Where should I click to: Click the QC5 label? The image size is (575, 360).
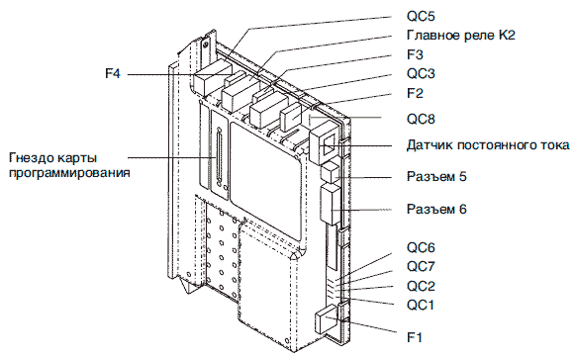pyautogui.click(x=421, y=17)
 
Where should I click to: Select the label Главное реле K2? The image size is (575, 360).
pyautogui.click(x=461, y=36)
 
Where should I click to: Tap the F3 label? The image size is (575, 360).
pyautogui.click(x=415, y=54)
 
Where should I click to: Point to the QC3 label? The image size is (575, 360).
pyautogui.click(x=421, y=74)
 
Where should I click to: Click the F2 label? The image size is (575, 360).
pyautogui.click(x=415, y=93)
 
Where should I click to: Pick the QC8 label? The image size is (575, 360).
pyautogui.click(x=421, y=119)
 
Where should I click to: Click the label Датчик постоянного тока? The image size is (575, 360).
pyautogui.click(x=488, y=145)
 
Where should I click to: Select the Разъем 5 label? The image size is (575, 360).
pyautogui.click(x=436, y=176)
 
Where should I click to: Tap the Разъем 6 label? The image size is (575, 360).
pyautogui.click(x=436, y=209)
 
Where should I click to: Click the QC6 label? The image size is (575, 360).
pyautogui.click(x=421, y=248)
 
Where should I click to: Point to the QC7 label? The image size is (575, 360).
pyautogui.click(x=421, y=266)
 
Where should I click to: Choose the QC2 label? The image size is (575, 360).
pyautogui.click(x=421, y=286)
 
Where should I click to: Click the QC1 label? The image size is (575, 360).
pyautogui.click(x=421, y=305)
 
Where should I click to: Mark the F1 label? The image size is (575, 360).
pyautogui.click(x=415, y=337)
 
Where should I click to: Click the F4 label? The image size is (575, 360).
pyautogui.click(x=113, y=74)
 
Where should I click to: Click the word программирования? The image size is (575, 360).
pyautogui.click(x=69, y=172)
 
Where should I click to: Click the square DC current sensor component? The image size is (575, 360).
pyautogui.click(x=324, y=142)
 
